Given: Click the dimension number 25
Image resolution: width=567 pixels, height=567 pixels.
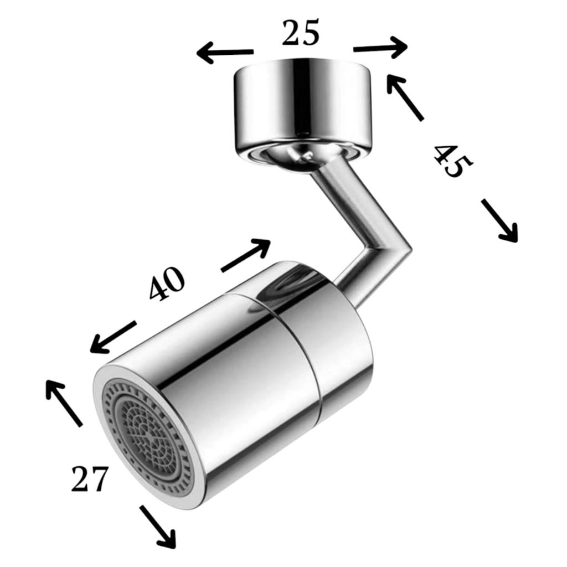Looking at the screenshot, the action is tap(301, 33).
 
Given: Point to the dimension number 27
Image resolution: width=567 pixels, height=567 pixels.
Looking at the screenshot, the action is tap(90, 478).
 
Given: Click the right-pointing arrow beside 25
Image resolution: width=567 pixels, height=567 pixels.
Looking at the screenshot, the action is tap(380, 48).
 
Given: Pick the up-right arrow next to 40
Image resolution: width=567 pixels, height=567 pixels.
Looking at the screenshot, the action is tap(245, 255).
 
